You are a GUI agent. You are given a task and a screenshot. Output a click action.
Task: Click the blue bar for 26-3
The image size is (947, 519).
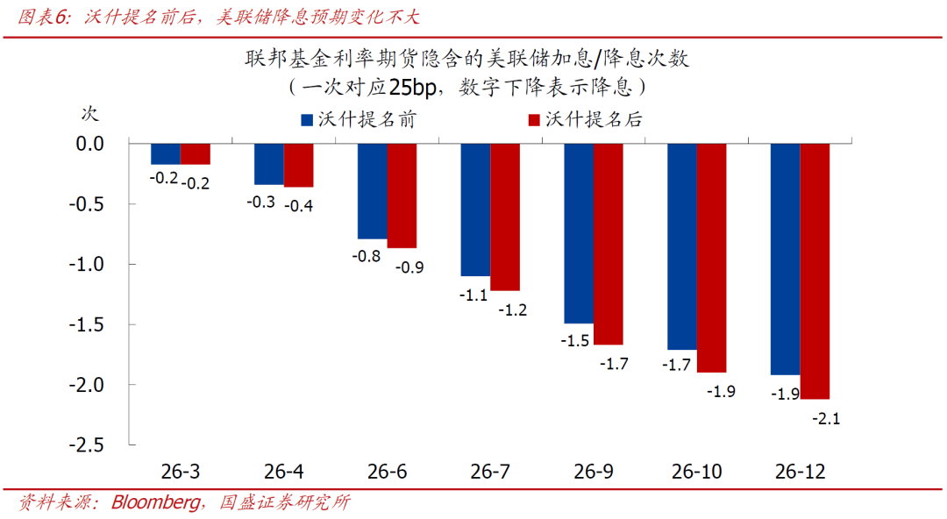point(166,153)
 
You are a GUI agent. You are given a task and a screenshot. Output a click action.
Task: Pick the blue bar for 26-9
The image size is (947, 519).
point(579,232)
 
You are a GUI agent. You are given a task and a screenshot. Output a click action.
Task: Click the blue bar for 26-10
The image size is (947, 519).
point(682,245)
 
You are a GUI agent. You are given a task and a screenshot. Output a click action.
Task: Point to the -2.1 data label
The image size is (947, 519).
point(826,419)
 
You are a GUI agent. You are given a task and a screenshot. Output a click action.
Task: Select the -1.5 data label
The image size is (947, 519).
point(574,341)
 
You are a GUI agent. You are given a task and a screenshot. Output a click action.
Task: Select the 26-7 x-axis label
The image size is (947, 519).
point(490,472)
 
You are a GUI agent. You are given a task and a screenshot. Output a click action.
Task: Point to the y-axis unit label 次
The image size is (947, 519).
point(90,112)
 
